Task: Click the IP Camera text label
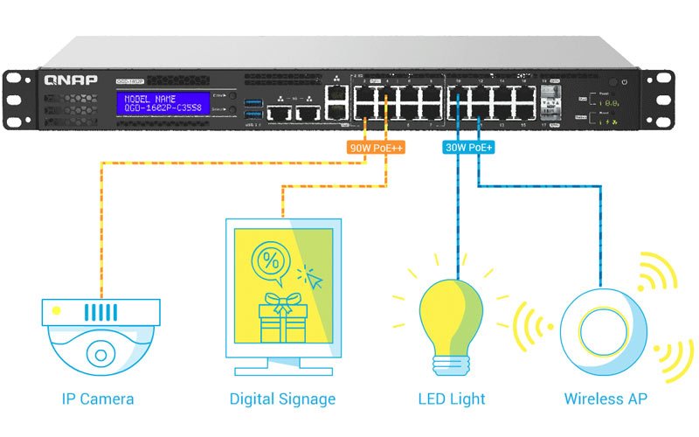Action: (x=98, y=399)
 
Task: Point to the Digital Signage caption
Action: (x=282, y=399)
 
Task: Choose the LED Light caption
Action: (x=452, y=399)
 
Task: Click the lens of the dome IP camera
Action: (x=101, y=354)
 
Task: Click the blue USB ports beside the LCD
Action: (x=253, y=109)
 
